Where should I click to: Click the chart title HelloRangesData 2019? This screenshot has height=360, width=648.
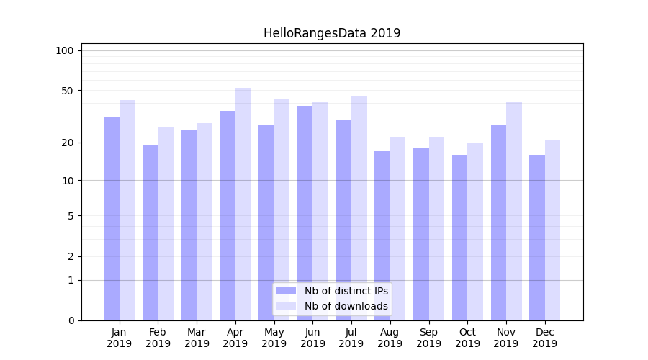coord(332,33)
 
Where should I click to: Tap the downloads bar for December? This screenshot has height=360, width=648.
coord(553,230)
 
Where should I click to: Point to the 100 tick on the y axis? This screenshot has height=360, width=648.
coord(65,50)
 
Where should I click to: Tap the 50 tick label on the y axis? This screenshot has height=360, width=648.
coord(68,91)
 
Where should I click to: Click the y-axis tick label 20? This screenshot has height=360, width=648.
coord(68,143)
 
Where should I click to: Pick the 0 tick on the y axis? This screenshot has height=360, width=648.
coord(71,320)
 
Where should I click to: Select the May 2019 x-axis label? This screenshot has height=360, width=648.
coord(274,338)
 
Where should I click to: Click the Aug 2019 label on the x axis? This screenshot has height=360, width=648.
coord(390,338)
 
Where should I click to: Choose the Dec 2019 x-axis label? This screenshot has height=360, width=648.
coord(545,338)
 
